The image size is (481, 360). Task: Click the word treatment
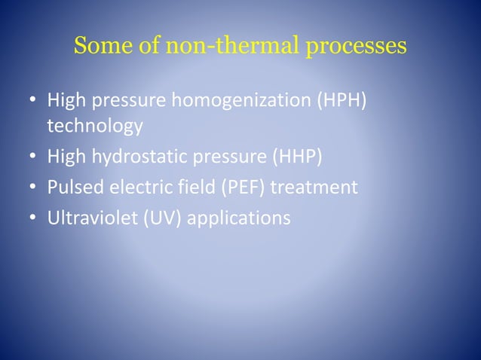tap(314, 187)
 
